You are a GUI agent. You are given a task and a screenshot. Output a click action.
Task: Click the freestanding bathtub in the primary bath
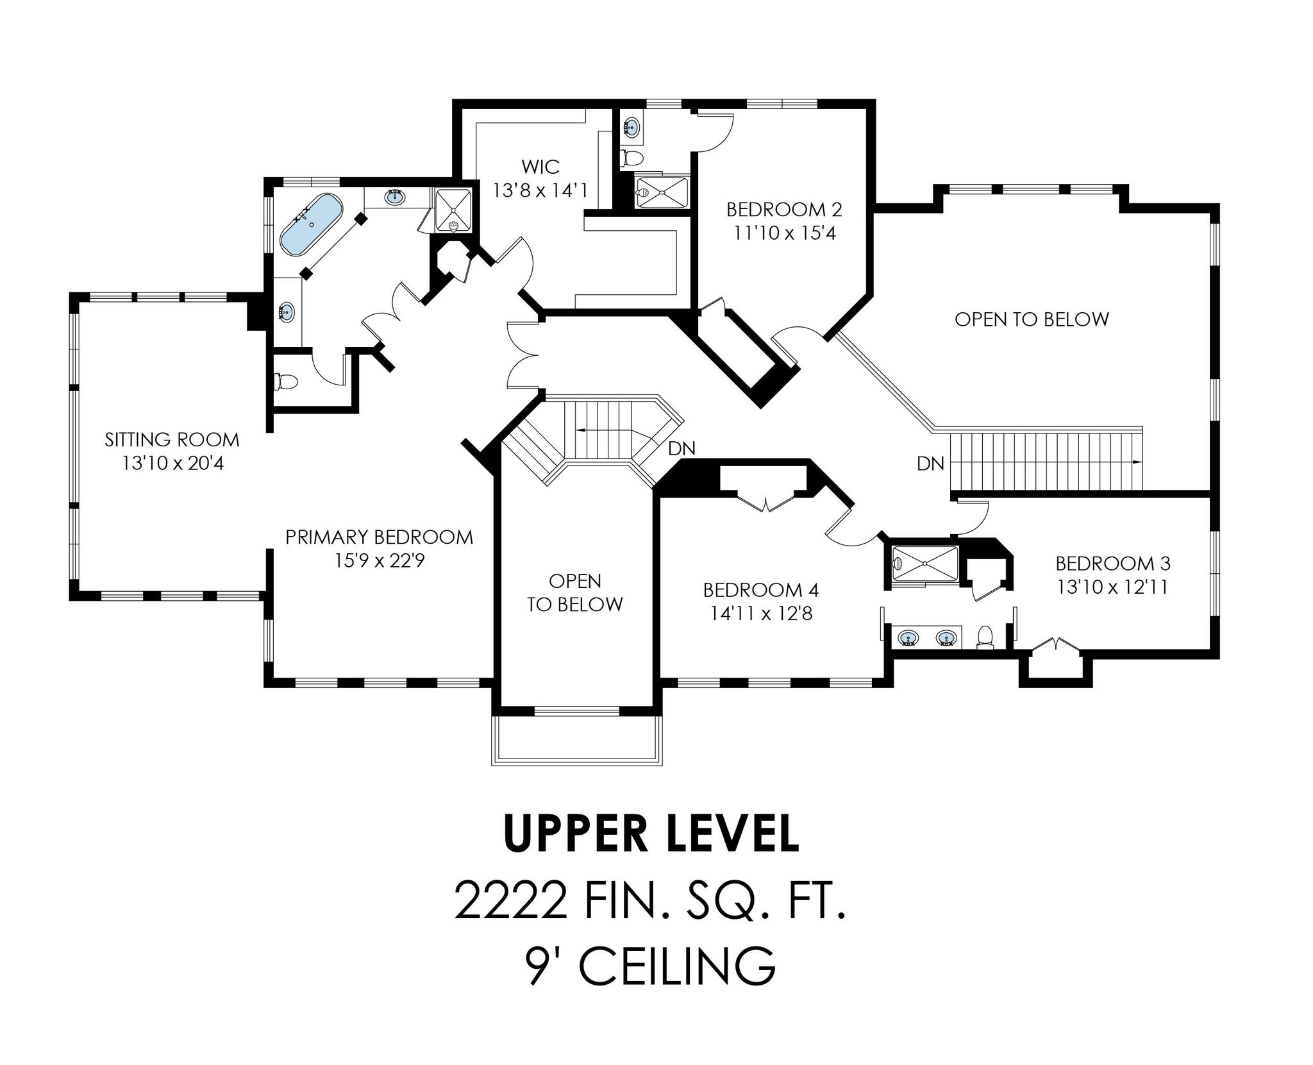311,224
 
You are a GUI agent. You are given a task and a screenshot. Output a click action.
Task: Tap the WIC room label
540,167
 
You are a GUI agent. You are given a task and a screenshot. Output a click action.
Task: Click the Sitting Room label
172,440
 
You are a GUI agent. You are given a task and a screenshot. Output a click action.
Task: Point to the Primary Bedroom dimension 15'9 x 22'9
380,561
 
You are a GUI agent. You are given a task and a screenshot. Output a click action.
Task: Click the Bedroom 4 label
760,589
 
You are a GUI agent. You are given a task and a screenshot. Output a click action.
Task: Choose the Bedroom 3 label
1112,564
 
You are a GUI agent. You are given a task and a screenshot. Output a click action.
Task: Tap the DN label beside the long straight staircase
930,463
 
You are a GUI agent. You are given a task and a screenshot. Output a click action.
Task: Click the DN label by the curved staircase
681,449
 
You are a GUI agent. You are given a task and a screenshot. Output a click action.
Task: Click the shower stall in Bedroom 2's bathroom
661,192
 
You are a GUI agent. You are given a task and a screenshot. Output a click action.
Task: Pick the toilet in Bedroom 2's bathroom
631,157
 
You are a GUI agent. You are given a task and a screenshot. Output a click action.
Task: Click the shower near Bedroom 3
923,565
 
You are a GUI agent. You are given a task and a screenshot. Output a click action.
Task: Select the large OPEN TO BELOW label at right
1031,319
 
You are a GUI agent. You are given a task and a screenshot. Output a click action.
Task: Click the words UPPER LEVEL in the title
651,835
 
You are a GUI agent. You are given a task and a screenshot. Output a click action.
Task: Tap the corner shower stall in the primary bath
453,210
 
